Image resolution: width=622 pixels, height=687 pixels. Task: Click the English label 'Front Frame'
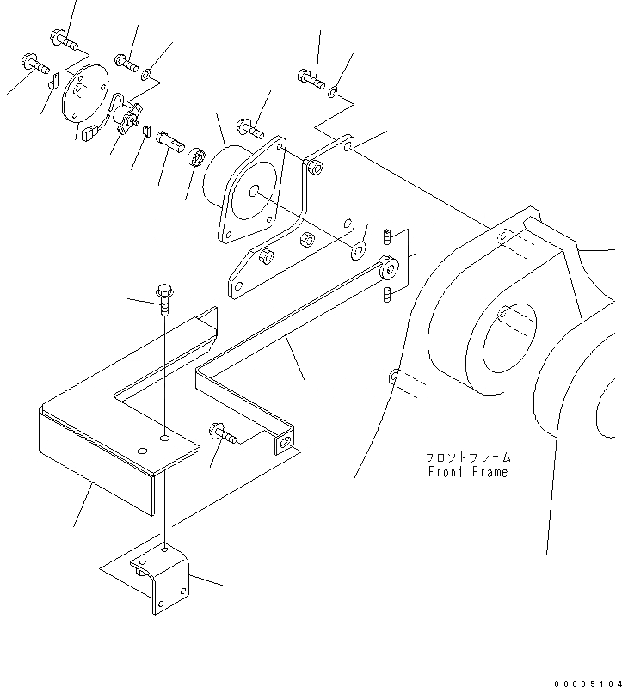coord(468,472)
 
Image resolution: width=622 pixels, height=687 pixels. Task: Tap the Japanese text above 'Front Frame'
coord(468,458)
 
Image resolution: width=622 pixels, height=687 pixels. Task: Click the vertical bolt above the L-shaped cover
coord(163,297)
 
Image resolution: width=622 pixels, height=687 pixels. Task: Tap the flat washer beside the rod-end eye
coord(359,250)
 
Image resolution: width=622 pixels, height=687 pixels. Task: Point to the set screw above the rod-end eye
coord(388,236)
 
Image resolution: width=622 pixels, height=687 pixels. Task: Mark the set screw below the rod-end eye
coord(386,295)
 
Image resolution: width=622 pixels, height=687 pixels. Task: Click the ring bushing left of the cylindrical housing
coord(196,158)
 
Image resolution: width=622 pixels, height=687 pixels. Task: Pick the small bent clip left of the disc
coord(52,83)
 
